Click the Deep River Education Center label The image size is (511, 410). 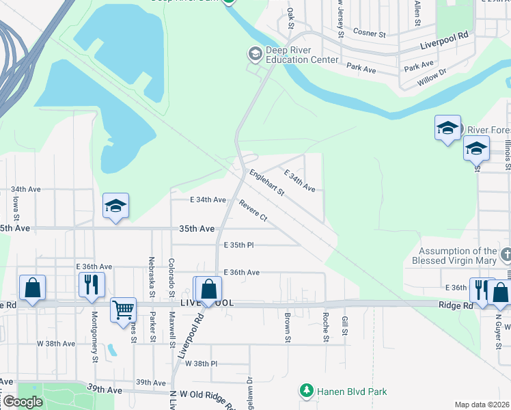[x=302, y=54]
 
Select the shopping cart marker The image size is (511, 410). [x=123, y=309]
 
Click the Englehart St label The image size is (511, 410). [x=266, y=182]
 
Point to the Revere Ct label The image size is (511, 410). [x=253, y=209]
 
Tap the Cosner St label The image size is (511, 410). [x=370, y=32]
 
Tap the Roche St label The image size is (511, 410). [x=326, y=327]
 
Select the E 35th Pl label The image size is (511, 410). [x=238, y=244]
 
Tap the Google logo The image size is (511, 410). [x=23, y=402]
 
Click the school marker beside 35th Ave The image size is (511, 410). [x=116, y=205]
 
